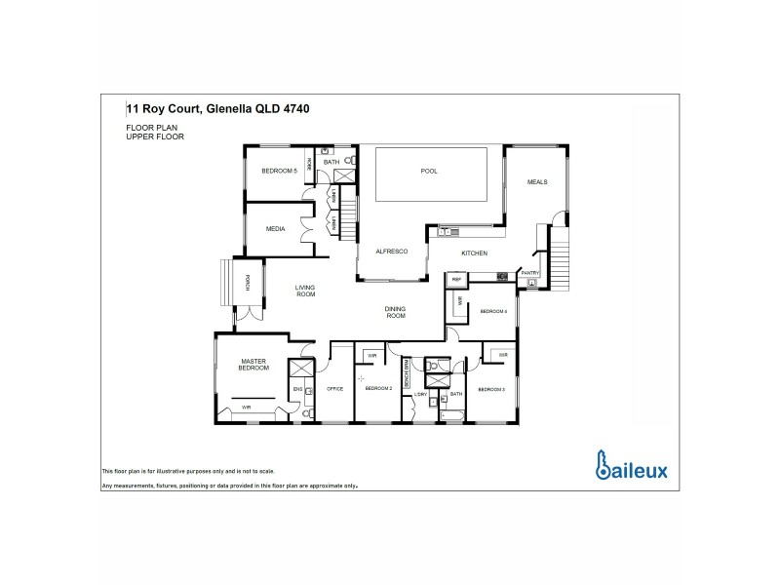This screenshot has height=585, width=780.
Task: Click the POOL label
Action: (x=429, y=171)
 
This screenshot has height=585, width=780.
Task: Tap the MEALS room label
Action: (x=537, y=181)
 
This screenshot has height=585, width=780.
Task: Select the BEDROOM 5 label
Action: (x=279, y=172)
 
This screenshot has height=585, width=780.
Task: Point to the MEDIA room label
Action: (x=275, y=229)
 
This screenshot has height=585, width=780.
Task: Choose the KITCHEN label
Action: (x=474, y=253)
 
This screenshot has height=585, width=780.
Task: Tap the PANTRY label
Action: (x=530, y=273)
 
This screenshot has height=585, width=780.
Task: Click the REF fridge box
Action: (x=456, y=280)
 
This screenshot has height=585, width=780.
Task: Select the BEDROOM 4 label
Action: (x=493, y=311)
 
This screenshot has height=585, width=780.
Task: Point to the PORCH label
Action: (x=249, y=283)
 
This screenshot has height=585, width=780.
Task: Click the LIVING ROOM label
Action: (x=306, y=291)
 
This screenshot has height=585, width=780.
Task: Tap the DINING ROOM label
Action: (x=395, y=312)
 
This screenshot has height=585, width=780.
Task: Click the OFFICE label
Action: (x=334, y=389)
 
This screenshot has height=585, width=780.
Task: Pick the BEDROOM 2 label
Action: (x=377, y=389)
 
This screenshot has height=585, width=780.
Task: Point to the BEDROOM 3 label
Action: (x=490, y=389)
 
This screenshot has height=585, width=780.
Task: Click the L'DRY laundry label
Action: (x=420, y=395)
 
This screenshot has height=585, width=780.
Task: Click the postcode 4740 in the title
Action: (x=296, y=109)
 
